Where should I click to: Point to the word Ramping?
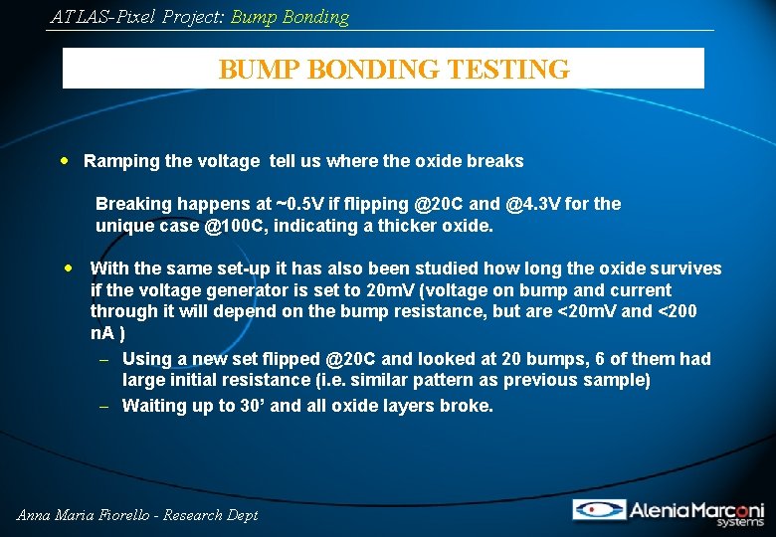120,161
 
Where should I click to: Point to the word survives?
687,268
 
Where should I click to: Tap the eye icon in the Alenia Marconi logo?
598,509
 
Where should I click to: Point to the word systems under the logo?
740,522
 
